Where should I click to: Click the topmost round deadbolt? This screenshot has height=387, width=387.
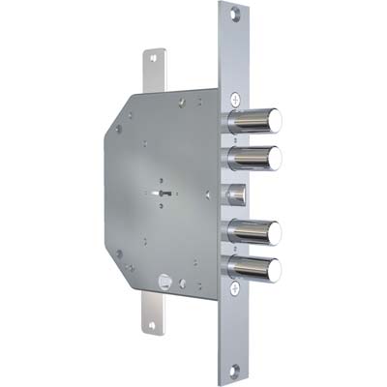pos(253,122)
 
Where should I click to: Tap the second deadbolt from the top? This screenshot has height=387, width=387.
pos(253,157)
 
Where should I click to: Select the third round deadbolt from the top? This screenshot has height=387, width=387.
pos(253,233)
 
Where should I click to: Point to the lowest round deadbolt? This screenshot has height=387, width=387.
pos(253,267)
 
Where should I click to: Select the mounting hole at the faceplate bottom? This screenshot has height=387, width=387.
pos(237,369)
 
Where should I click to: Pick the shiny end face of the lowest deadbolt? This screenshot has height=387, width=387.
pos(275,268)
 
